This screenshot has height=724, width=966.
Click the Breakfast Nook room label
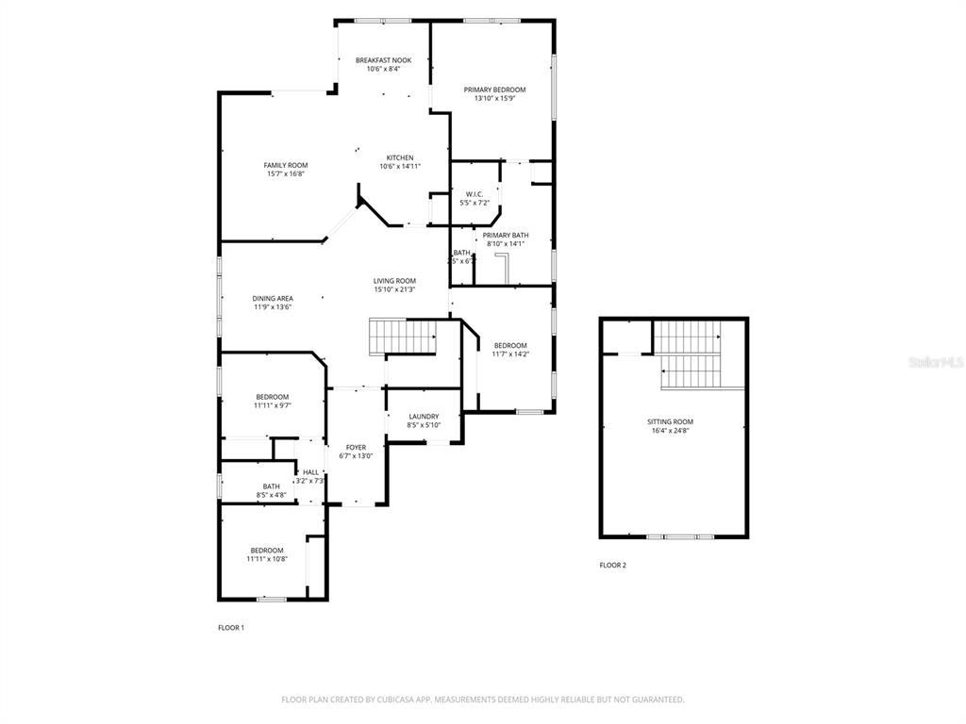point(383,60)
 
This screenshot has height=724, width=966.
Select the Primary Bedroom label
point(494,90)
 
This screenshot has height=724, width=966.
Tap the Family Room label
point(285,165)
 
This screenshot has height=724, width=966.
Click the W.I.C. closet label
point(475,194)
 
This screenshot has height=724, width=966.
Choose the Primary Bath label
point(506,235)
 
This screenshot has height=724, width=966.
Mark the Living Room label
point(394,281)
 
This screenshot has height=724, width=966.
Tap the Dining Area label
point(272,298)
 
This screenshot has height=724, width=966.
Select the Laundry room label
point(424,417)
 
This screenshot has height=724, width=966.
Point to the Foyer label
point(356,447)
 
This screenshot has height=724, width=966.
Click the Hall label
point(310,472)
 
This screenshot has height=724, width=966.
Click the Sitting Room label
point(670,421)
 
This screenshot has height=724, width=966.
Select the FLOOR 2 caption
point(612,566)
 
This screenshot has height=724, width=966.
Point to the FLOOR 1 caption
point(231,627)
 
